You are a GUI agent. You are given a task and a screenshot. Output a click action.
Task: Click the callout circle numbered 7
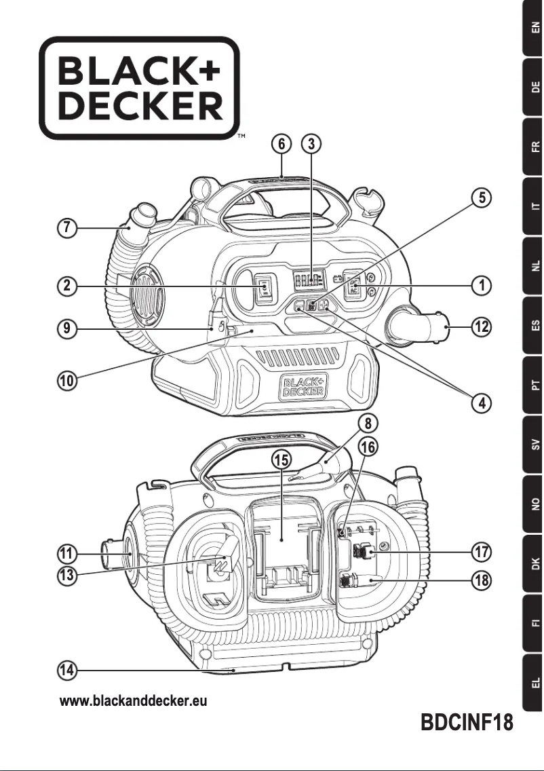(x=66, y=229)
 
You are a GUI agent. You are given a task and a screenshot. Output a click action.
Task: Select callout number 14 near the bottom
(x=66, y=671)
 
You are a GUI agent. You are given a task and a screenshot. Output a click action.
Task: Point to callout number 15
(x=281, y=459)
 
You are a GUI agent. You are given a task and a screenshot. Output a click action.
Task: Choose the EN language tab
(x=534, y=29)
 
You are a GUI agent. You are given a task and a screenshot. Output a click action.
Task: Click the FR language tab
(x=534, y=147)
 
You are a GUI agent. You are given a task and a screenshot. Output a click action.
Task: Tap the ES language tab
(x=534, y=325)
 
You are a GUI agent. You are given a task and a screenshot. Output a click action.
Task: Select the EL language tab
(x=534, y=682)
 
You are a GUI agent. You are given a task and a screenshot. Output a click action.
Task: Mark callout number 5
(x=481, y=198)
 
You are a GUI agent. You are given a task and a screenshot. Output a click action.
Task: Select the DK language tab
(x=534, y=563)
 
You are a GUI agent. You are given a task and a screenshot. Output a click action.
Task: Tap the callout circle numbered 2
(x=66, y=286)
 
